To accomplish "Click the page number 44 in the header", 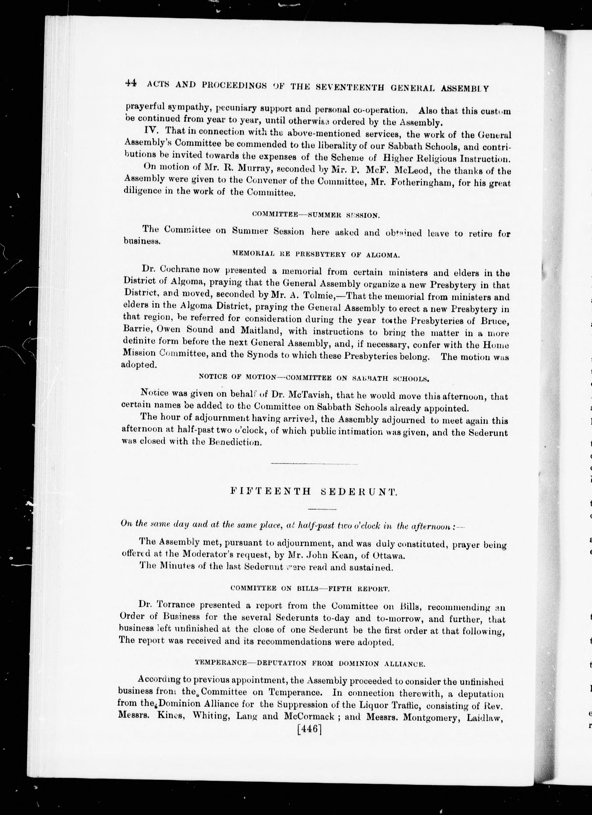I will pyautogui.click(x=130, y=83).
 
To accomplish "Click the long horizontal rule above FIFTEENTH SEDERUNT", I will pyautogui.click(x=314, y=464).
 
